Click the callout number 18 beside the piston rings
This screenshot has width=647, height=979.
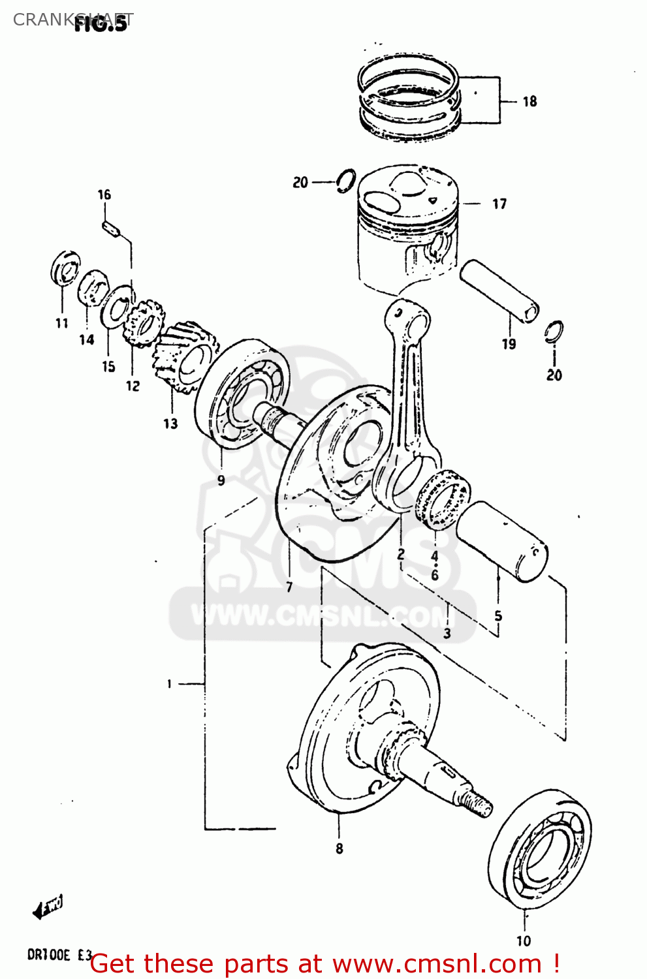click(529, 101)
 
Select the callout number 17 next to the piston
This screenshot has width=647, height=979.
click(499, 204)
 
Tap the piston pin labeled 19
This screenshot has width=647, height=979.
click(499, 290)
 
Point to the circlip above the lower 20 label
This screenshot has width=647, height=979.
click(554, 332)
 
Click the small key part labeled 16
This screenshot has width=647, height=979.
click(112, 230)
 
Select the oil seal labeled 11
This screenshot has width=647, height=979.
click(66, 268)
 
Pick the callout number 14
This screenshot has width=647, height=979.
click(87, 339)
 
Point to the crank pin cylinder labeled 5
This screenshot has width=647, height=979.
click(501, 541)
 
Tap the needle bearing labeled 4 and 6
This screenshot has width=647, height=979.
click(443, 499)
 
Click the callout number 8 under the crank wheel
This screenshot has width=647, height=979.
click(339, 848)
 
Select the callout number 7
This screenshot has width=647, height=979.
click(289, 587)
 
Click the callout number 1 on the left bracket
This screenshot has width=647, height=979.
click(169, 683)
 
